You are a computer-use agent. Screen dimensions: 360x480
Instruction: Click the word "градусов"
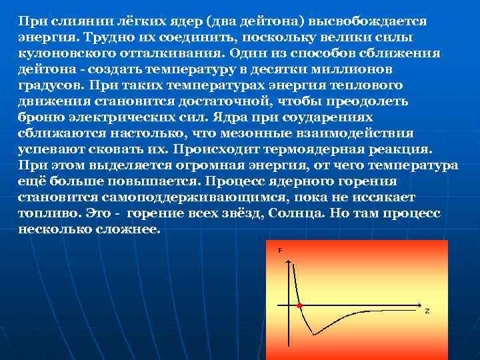pyautogui.click(x=45, y=85)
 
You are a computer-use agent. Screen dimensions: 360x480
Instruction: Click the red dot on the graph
pyautogui.click(x=299, y=305)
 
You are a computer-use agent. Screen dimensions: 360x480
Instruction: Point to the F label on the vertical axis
pyautogui.click(x=280, y=250)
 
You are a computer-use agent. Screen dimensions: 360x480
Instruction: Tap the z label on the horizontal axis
pyautogui.click(x=427, y=311)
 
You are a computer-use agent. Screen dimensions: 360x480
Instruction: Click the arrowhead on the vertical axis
pyautogui.click(x=289, y=262)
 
